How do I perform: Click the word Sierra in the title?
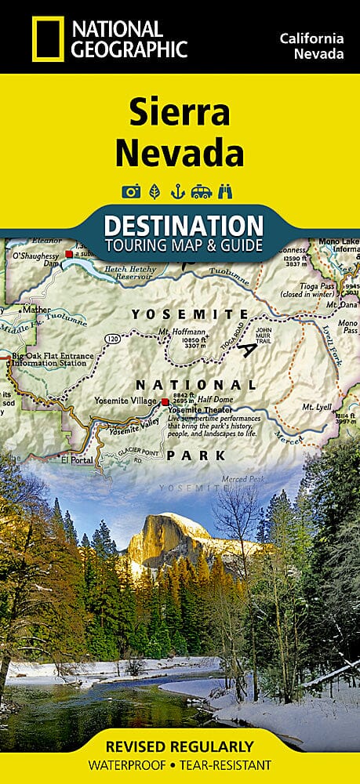point(180,114)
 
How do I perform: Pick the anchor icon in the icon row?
point(179,191)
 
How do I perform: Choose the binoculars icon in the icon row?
point(229,191)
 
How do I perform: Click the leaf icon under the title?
point(155,191)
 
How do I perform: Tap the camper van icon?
point(203,191)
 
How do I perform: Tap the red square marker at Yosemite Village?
point(165,402)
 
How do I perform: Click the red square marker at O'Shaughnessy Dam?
point(69,254)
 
